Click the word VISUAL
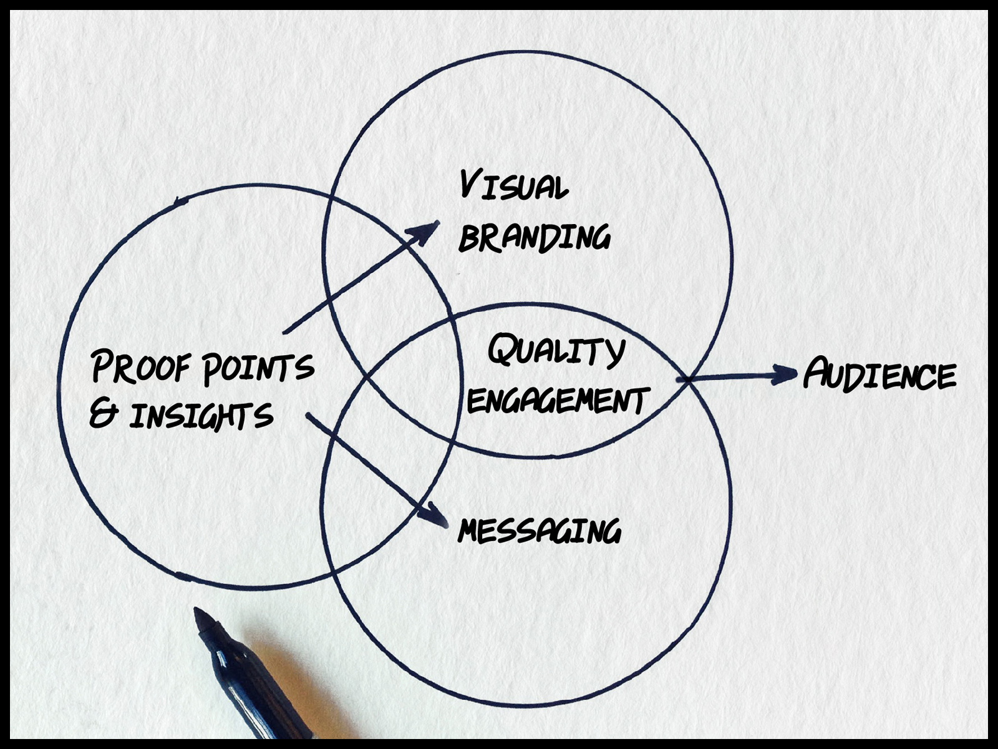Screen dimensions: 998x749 tap(514, 185)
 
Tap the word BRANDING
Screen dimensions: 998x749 tap(534, 237)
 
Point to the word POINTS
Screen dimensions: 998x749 tap(258, 368)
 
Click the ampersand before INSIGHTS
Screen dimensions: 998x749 tap(103, 414)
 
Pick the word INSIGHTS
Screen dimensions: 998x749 tap(201, 416)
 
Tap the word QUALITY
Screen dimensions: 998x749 tap(556, 351)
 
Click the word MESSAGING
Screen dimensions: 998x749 tap(539, 531)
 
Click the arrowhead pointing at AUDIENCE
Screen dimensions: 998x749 tap(784, 374)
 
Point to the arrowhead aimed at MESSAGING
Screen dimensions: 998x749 tap(434, 516)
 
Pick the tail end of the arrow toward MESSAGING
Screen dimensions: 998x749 tap(308, 414)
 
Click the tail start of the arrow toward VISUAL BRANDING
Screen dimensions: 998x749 tap(284, 333)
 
